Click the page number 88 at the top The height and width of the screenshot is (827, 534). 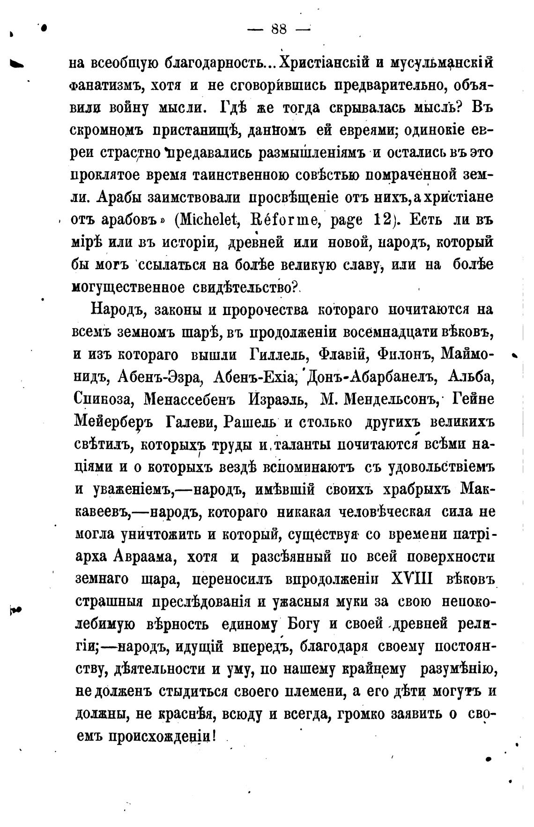[279, 29]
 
